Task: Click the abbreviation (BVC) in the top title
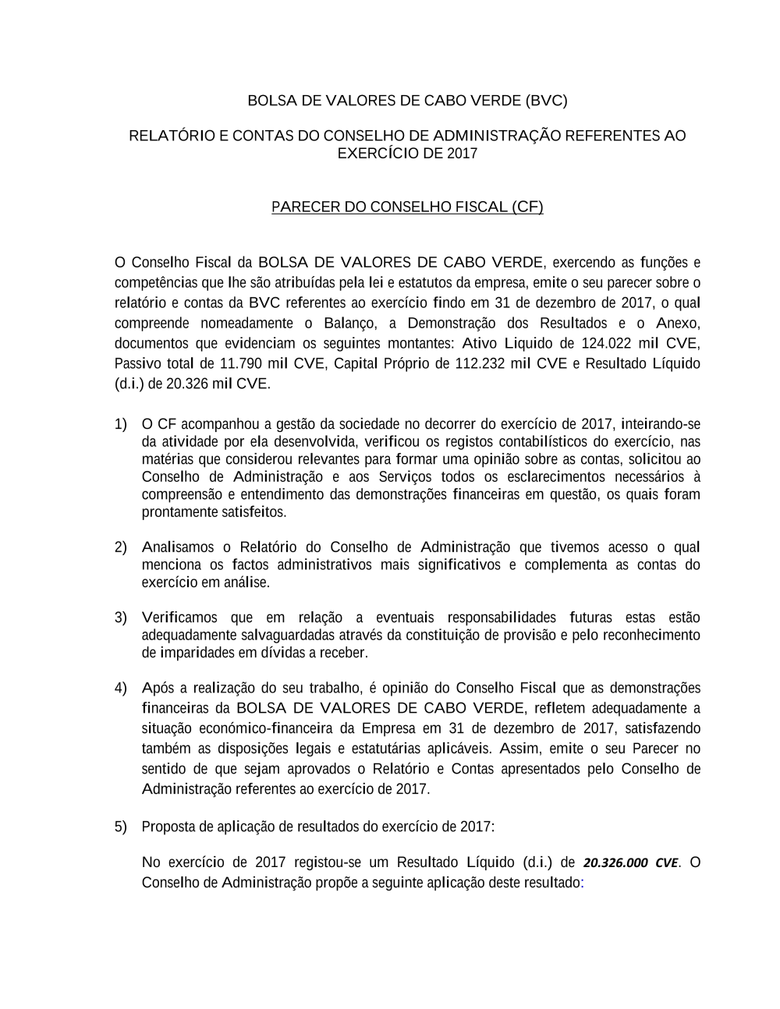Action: click(x=546, y=101)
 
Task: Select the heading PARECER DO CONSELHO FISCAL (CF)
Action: click(x=407, y=207)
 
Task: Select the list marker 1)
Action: click(x=121, y=424)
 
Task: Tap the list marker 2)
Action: click(x=121, y=547)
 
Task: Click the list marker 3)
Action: click(x=121, y=618)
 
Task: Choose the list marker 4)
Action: click(x=121, y=688)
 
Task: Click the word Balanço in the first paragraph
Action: click(x=349, y=323)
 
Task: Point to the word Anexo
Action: click(x=677, y=323)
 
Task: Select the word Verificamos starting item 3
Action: click(x=179, y=618)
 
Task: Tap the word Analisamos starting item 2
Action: click(x=178, y=547)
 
